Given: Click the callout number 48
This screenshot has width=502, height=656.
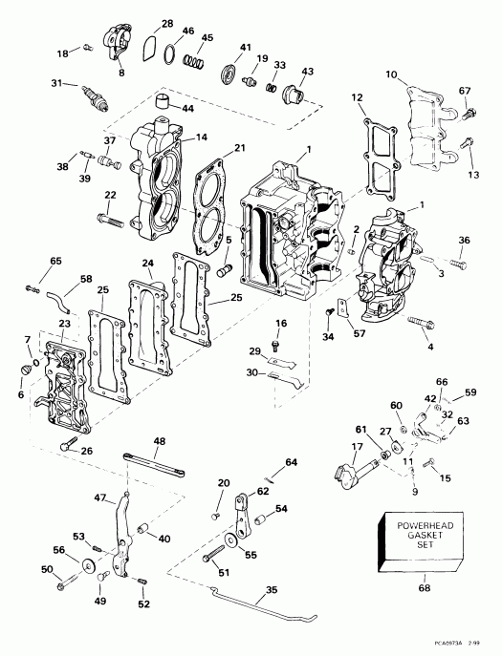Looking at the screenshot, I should click(159, 441).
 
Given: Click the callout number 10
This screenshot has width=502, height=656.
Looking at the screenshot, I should click(390, 74).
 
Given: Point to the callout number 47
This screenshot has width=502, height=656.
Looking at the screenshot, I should click(99, 498).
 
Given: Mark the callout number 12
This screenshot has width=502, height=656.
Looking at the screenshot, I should click(357, 98).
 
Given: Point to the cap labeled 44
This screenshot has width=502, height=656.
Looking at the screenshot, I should click(169, 102).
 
